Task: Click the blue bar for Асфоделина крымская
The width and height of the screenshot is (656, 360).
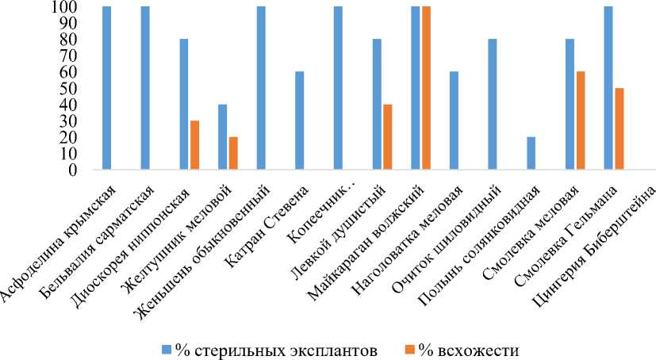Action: click(106, 88)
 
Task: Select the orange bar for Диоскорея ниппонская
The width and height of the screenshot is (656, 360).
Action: click(194, 145)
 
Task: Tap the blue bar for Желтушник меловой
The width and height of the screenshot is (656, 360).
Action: click(222, 137)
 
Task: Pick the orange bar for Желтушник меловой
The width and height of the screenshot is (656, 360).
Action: click(233, 153)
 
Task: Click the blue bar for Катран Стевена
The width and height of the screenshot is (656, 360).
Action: click(299, 121)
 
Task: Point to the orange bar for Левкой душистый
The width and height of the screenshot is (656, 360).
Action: click(388, 137)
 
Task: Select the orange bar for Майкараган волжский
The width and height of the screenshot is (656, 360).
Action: click(427, 88)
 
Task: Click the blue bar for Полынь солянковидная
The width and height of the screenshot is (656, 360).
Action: click(531, 153)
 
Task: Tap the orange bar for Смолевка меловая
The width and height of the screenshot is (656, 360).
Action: click(581, 121)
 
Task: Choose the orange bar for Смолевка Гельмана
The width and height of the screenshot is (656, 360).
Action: click(620, 128)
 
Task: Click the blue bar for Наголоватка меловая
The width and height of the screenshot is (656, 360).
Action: click(454, 121)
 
